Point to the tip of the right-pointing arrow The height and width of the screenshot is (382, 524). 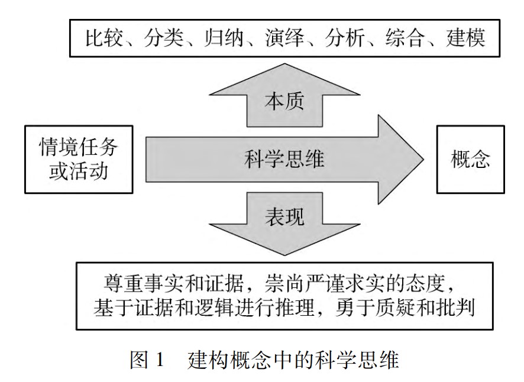tap(423, 159)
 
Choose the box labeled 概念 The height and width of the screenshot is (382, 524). tap(471, 160)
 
